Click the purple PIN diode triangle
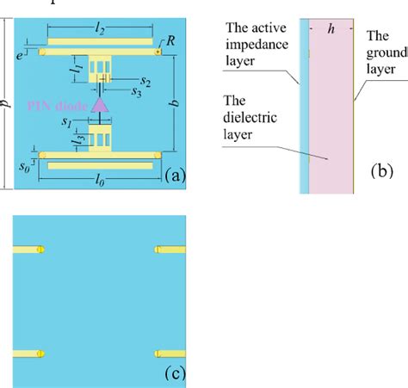coord(100,104)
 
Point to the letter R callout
coord(171,40)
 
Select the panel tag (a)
coord(174,176)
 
